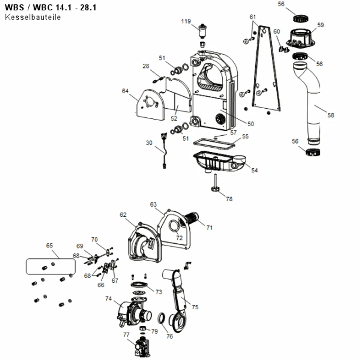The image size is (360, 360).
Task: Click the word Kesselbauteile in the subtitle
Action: tap(33, 17)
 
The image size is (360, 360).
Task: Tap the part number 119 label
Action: tap(186, 21)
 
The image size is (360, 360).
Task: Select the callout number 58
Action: tap(330, 115)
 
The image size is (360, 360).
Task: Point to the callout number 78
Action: tap(229, 199)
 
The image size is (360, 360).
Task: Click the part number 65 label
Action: tap(49, 246)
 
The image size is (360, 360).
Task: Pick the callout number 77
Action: tap(126, 335)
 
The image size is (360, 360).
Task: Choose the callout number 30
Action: tap(149, 143)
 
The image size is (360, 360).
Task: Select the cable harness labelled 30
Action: tap(165, 150)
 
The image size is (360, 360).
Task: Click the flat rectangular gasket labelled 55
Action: tap(215, 144)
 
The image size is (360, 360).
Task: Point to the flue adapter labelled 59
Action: tap(301, 39)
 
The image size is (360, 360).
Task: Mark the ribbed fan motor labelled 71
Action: tap(191, 219)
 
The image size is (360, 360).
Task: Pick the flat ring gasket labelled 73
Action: tap(139, 285)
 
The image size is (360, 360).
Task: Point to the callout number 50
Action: tap(251, 124)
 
